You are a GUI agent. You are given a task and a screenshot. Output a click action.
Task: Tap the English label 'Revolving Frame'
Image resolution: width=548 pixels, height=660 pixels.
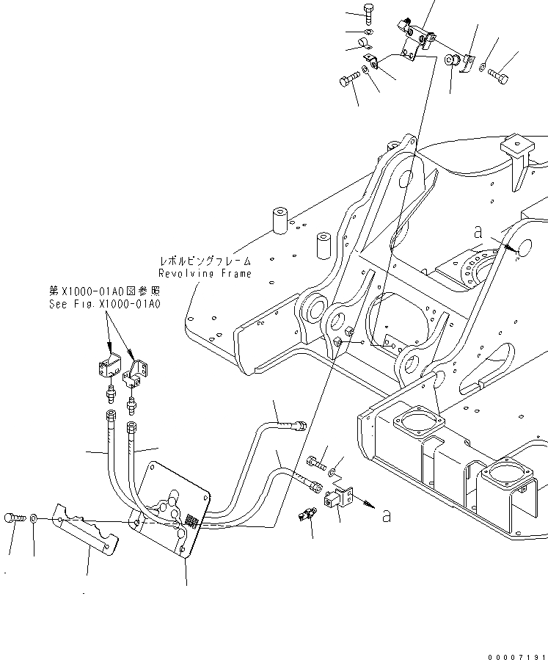(205, 273)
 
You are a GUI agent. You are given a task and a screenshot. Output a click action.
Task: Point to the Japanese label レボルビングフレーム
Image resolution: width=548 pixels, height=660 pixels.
(205, 261)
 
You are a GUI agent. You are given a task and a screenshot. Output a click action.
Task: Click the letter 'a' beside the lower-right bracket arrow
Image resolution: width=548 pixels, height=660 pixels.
(386, 515)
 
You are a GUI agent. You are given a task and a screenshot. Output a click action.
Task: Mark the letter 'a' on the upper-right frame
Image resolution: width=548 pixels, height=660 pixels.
(478, 232)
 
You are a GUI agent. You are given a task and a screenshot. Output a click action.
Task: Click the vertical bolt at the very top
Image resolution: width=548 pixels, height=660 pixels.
(368, 13)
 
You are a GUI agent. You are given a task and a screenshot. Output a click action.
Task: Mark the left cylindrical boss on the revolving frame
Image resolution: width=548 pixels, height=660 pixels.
(280, 218)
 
